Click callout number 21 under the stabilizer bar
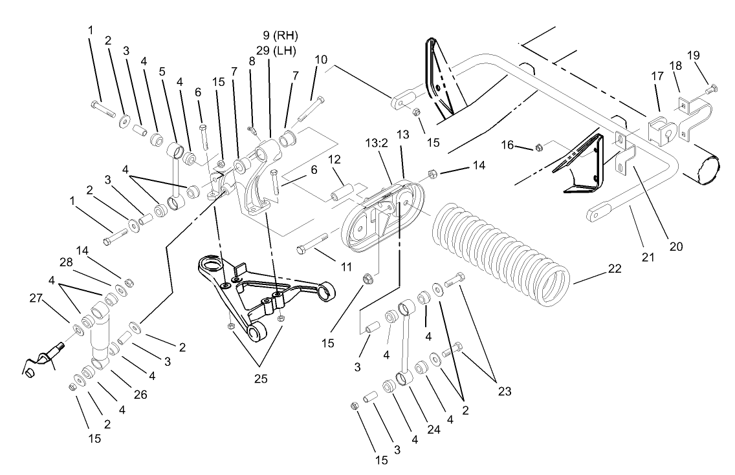click(647, 257)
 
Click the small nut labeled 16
click(538, 149)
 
